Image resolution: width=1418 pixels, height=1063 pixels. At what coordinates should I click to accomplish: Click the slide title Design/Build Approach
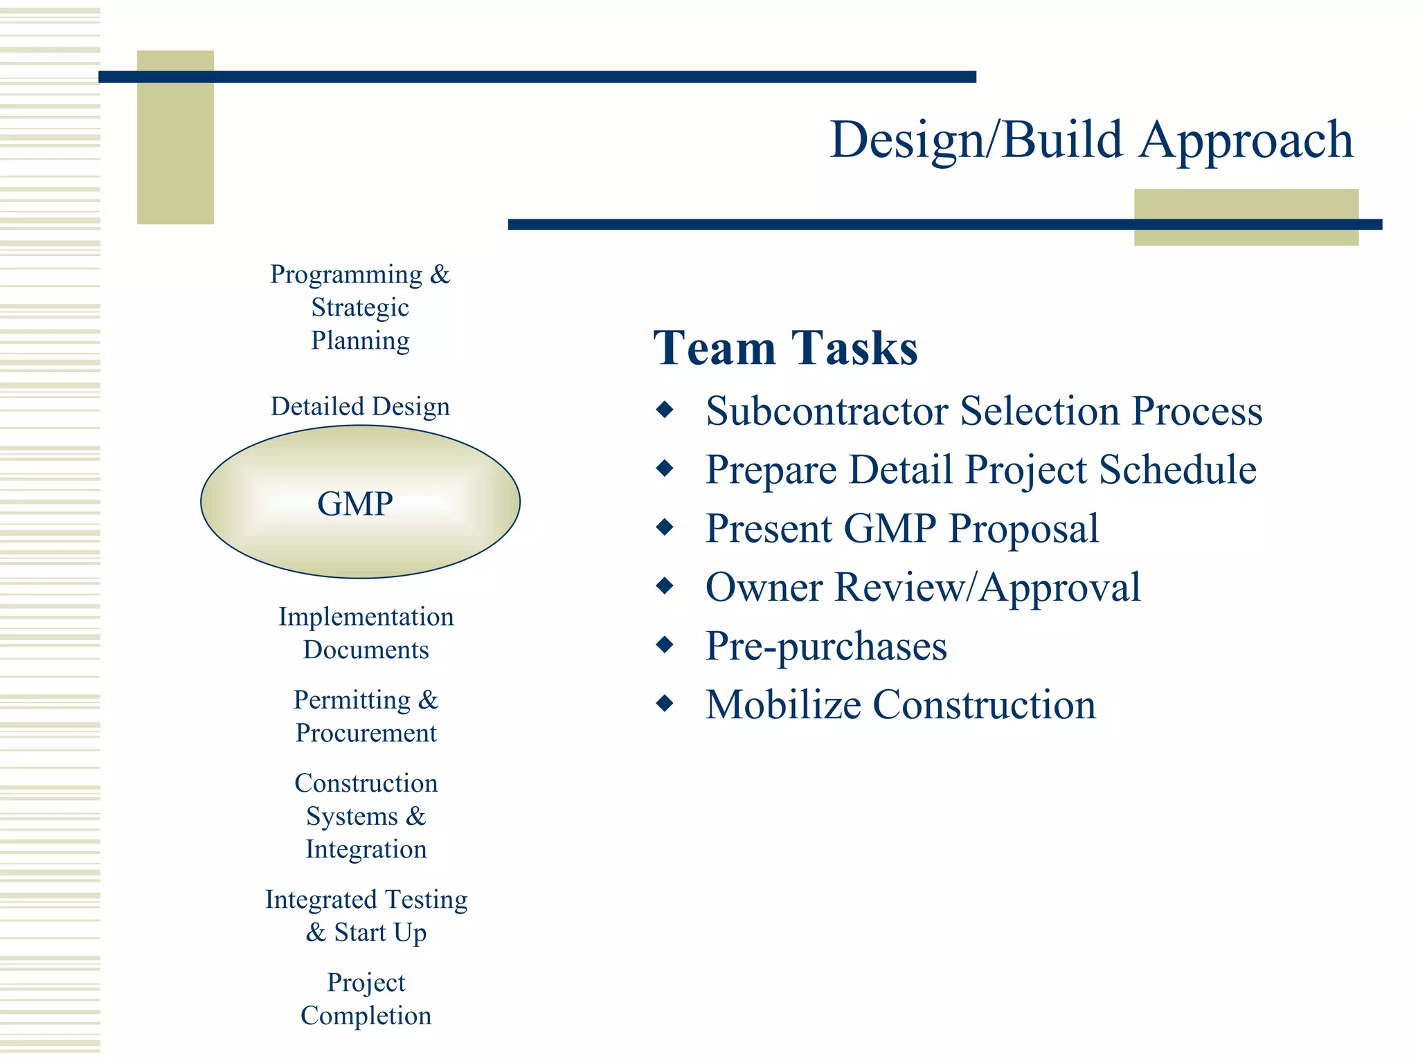point(1091,140)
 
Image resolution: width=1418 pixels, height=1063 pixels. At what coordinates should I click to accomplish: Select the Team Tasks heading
point(785,347)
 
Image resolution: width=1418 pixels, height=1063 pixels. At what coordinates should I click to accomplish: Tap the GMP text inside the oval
point(355,503)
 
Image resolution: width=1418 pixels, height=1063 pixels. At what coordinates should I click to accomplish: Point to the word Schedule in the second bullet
point(1177,470)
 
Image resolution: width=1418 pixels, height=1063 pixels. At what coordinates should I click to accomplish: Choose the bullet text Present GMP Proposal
point(901,529)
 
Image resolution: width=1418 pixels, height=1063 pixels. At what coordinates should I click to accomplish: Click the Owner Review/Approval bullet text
point(922,588)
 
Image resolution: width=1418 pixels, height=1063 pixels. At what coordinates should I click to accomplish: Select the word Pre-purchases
point(825,646)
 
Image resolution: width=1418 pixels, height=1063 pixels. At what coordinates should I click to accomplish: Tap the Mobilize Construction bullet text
point(900,705)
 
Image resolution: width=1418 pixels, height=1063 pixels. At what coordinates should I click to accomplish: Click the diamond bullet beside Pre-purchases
point(665,645)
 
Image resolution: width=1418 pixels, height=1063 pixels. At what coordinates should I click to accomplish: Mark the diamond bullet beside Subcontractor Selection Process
point(665,410)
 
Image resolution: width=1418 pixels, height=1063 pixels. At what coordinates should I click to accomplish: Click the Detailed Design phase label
point(360,406)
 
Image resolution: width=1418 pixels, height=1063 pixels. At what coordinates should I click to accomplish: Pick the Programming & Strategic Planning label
point(360,307)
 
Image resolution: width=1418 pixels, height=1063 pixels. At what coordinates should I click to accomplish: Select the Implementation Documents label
point(366,633)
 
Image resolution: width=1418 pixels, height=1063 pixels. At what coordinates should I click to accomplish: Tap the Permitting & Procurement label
point(366,716)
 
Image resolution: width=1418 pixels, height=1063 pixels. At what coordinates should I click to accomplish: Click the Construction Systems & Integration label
point(366,816)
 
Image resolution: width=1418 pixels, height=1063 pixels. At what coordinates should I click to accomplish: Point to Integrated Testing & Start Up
point(366,916)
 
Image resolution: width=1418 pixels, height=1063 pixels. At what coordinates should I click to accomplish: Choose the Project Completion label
point(366,999)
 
